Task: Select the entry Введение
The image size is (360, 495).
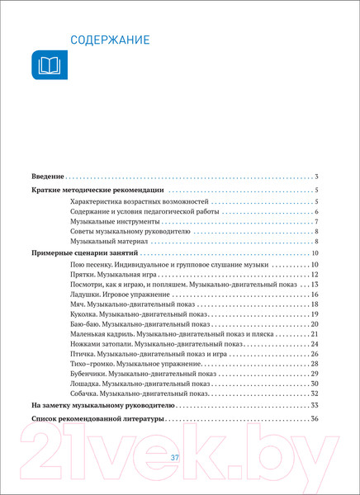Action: (x=46, y=177)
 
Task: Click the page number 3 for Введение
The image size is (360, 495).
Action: (x=316, y=177)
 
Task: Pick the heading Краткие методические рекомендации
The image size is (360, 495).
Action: (x=97, y=191)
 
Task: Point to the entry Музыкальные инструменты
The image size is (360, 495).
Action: (x=112, y=222)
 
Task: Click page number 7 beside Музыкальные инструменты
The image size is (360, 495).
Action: (x=316, y=222)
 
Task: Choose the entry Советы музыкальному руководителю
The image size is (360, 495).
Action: (x=130, y=232)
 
